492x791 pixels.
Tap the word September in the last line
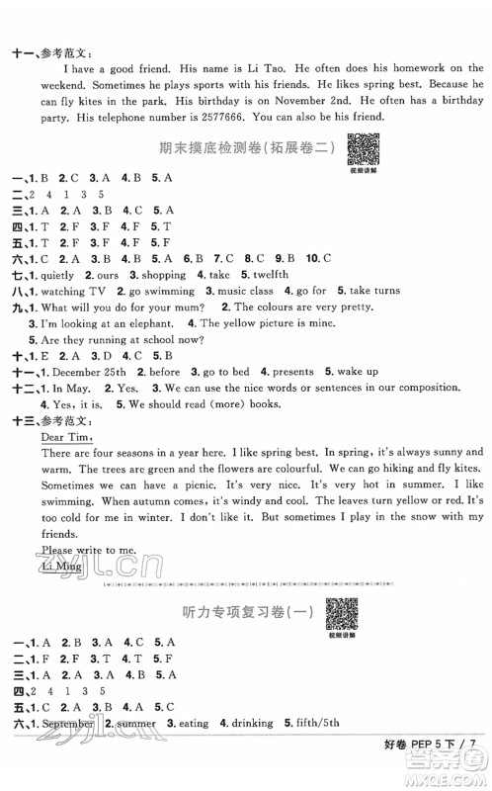point(67,723)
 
